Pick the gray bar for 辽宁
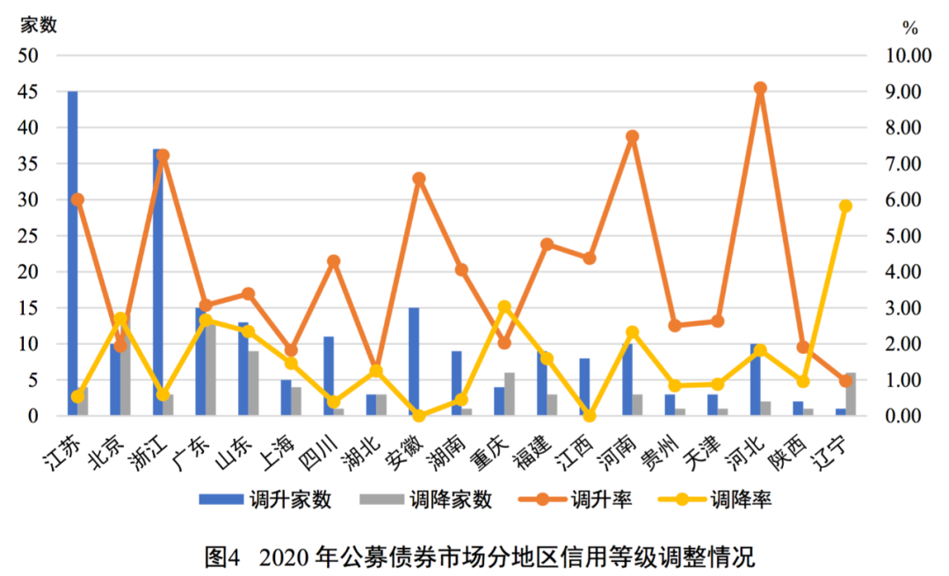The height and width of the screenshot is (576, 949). pos(851,394)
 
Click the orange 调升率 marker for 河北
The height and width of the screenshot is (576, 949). pos(760,89)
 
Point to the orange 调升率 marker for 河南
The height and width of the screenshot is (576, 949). pos(632,137)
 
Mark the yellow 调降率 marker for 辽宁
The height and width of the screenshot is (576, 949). pos(845,206)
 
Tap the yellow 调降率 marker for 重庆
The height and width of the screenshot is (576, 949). pos(504,307)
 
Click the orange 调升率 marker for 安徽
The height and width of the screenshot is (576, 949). pos(419,178)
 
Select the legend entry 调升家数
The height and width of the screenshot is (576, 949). pos(264,500)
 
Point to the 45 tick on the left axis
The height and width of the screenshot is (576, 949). pos(29,92)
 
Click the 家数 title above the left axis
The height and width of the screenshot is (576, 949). pos(39,25)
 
